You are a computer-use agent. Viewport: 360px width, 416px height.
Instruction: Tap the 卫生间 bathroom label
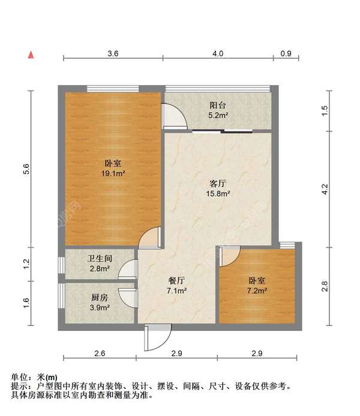tap(100, 259)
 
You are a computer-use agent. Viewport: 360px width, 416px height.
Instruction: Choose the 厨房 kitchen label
tap(100, 298)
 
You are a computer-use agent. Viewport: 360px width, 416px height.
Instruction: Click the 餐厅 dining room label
tap(176, 280)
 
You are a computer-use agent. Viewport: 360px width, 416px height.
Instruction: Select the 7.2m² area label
tap(257, 291)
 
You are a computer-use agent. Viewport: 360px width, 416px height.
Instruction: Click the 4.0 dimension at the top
tap(218, 54)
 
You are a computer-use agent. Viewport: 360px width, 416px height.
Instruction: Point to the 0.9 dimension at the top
tap(286, 54)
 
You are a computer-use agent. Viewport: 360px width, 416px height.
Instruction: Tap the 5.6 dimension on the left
tap(26, 170)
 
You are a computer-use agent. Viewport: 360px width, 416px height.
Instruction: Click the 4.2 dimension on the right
tap(325, 189)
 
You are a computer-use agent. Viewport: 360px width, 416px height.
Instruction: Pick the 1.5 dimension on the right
tap(325, 110)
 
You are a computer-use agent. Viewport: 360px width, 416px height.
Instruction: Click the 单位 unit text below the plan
tap(23, 378)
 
